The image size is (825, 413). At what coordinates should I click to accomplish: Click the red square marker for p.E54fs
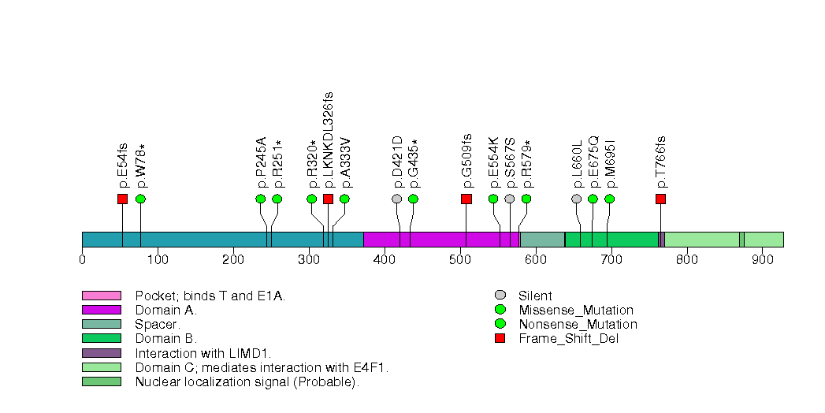click(122, 199)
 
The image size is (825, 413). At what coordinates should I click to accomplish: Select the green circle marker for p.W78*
click(140, 199)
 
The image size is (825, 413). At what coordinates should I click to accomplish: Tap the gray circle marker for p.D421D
click(396, 199)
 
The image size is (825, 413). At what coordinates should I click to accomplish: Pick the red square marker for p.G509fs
click(466, 199)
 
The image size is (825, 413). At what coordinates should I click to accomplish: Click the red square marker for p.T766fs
click(660, 199)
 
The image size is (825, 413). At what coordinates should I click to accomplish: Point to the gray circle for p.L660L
click(576, 199)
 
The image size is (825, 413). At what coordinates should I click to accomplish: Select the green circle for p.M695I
click(609, 199)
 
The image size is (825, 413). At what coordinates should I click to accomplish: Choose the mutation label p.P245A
click(261, 162)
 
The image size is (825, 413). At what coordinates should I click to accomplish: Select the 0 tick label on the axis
click(82, 259)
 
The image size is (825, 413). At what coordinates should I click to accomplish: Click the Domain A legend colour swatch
click(101, 310)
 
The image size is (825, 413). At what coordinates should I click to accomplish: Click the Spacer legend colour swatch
click(101, 324)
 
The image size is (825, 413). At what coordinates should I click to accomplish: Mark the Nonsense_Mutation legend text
click(578, 325)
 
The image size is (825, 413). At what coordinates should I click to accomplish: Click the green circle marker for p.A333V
click(344, 199)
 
